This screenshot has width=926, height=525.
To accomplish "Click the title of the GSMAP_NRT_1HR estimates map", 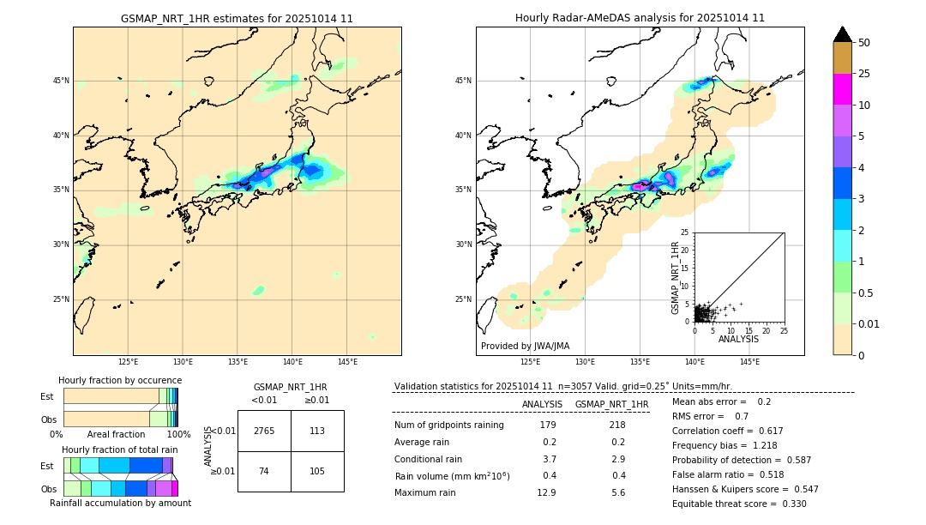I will tap(237, 18).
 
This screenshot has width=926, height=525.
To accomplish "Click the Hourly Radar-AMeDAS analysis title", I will tap(640, 18).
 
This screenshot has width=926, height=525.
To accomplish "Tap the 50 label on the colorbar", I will tap(864, 43).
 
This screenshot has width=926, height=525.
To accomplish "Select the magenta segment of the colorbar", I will tap(842, 89).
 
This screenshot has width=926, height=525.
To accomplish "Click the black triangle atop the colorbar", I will tap(842, 34).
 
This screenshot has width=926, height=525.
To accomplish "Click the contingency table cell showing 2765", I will tap(264, 431).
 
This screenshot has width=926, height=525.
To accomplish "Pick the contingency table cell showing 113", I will tap(317, 431).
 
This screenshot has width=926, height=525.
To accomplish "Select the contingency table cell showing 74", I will tap(264, 472).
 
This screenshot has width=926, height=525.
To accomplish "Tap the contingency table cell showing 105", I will tap(317, 472).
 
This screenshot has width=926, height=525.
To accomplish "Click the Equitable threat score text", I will tap(739, 504).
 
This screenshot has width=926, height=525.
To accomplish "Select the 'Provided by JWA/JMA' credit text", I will tap(525, 346).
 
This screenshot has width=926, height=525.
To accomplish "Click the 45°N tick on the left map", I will tap(61, 81).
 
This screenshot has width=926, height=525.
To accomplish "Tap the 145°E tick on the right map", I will tap(749, 362).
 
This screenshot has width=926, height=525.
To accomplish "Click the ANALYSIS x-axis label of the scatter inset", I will tap(738, 339).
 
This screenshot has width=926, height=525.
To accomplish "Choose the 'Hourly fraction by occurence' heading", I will tap(120, 380).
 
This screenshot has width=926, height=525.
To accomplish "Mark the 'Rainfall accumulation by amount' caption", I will tap(120, 503).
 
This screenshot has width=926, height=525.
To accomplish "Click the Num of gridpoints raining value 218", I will tap(616, 425).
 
